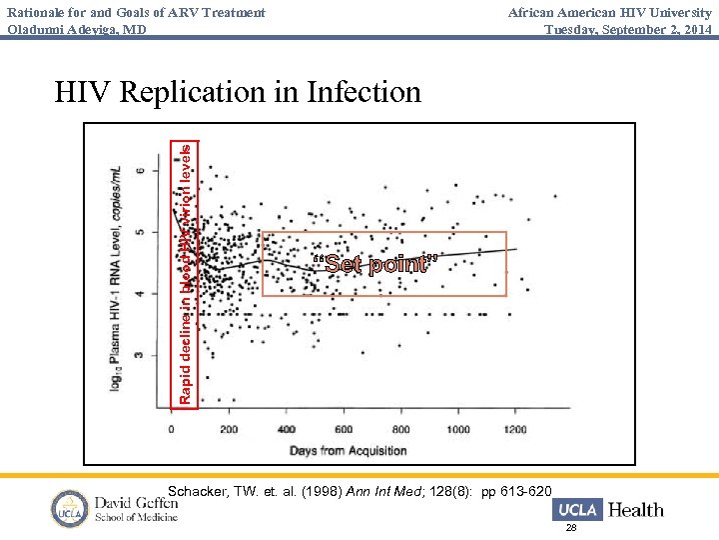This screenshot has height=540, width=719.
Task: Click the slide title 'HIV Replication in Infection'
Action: [x=238, y=93]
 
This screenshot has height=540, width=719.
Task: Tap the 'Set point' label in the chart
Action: [x=374, y=265]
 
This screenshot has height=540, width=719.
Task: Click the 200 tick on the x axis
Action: [x=229, y=429]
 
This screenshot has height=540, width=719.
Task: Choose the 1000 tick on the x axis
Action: [x=457, y=429]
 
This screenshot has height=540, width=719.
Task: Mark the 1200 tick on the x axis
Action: [x=514, y=429]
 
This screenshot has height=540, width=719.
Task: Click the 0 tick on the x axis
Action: [x=171, y=429]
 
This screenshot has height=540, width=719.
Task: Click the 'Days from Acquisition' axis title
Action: [x=349, y=450]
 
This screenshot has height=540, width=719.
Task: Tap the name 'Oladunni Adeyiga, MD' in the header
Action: [x=77, y=28]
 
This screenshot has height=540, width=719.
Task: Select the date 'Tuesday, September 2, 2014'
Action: [x=628, y=28]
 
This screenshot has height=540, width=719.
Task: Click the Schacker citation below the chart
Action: [x=359, y=491]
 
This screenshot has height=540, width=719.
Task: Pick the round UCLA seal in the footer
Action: [x=71, y=509]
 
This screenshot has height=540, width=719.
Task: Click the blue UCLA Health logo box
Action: [x=576, y=510]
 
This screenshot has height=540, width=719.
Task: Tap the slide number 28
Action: [x=571, y=527]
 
